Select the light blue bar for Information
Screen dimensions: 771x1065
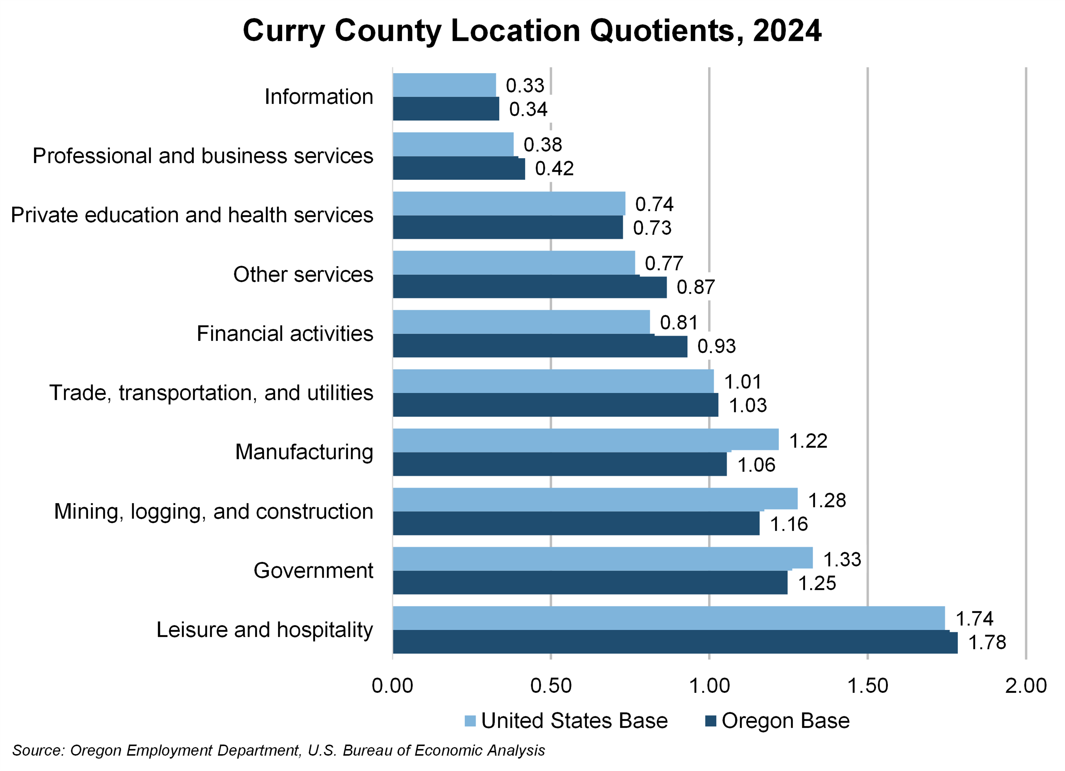(x=444, y=85)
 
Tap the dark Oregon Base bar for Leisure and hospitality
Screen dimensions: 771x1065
(x=675, y=642)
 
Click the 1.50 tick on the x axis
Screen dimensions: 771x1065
(x=867, y=686)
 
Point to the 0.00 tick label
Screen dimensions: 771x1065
(x=392, y=686)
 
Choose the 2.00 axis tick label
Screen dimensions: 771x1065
(x=1026, y=686)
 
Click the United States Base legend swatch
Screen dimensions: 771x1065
(x=470, y=721)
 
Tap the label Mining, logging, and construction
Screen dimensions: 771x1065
(x=214, y=511)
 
